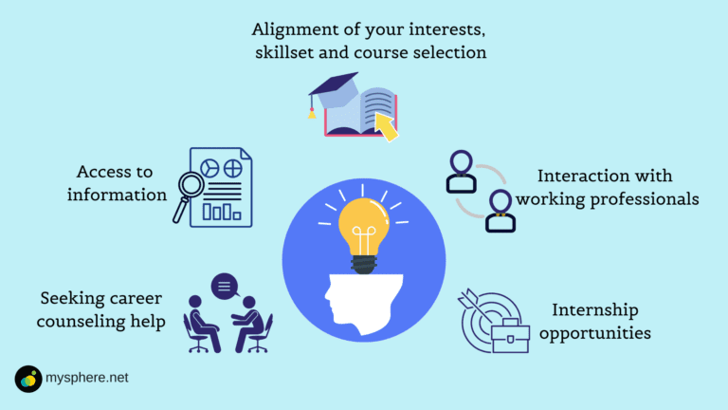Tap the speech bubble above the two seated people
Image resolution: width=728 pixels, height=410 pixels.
226,284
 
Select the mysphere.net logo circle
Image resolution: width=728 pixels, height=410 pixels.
28,378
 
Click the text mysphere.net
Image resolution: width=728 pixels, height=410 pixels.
87,378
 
